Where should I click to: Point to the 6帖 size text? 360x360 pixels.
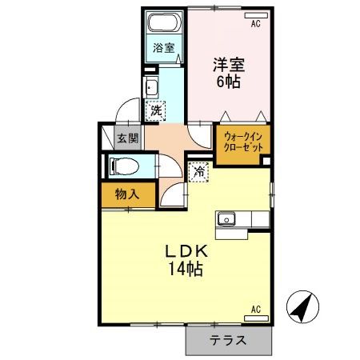click(x=228, y=80)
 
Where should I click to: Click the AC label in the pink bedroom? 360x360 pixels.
click(x=256, y=24)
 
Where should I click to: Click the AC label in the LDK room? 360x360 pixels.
click(x=256, y=308)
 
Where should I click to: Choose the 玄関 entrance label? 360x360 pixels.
click(x=128, y=138)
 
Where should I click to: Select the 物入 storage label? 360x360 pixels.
click(x=126, y=193)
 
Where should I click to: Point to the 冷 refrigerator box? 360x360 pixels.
click(x=198, y=170)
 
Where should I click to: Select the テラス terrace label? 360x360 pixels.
click(x=227, y=340)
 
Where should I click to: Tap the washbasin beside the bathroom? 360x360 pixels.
click(x=153, y=88)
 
